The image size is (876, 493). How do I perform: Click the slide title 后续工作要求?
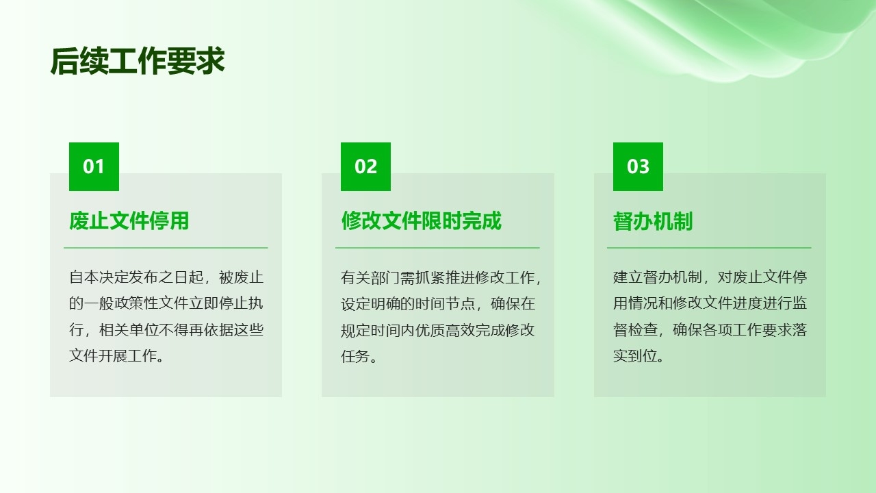pyautogui.click(x=138, y=61)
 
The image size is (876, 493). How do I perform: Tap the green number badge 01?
pyautogui.click(x=94, y=166)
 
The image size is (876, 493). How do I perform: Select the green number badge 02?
pyautogui.click(x=365, y=166)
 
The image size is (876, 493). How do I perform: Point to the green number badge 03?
pyautogui.click(x=638, y=166)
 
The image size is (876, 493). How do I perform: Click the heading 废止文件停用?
pyautogui.click(x=129, y=220)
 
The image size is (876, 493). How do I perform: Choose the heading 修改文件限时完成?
pyautogui.click(x=421, y=220)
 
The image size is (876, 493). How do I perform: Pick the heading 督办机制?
pyautogui.click(x=653, y=221)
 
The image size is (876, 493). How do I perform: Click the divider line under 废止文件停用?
pyautogui.click(x=166, y=248)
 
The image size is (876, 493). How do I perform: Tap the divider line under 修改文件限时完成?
pyautogui.click(x=437, y=248)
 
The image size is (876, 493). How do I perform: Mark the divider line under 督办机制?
pyautogui.click(x=709, y=248)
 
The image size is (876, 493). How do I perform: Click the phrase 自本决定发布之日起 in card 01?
pyautogui.click(x=136, y=277)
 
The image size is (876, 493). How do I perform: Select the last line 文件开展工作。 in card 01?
pyautogui.click(x=116, y=356)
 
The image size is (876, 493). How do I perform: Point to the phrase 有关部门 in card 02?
pyautogui.click(x=370, y=278)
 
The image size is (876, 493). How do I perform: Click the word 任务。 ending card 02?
pyautogui.click(x=359, y=357)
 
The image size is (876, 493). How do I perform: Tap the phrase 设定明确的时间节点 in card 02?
pyautogui.click(x=408, y=304)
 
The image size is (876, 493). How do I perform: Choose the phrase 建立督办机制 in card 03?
pyautogui.click(x=658, y=277)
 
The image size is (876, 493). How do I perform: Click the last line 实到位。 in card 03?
pyautogui.click(x=639, y=356)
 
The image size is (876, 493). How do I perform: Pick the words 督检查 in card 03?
pyautogui.click(x=635, y=330)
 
